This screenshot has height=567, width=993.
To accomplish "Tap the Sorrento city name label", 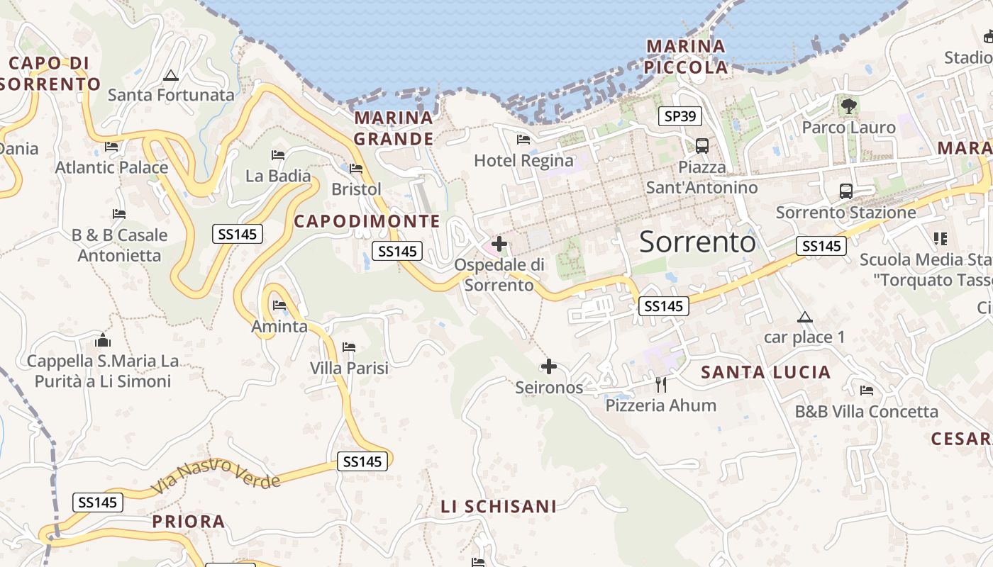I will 697,242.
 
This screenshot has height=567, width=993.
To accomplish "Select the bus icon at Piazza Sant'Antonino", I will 702,146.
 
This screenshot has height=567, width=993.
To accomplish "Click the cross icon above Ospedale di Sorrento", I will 499,245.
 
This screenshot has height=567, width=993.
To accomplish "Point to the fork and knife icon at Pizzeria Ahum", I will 661,385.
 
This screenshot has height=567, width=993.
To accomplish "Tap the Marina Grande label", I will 394,128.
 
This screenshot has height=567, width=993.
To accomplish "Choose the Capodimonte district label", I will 367,221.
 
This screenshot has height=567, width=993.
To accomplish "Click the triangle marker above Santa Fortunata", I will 170,75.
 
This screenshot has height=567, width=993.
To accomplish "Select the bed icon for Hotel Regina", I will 523,140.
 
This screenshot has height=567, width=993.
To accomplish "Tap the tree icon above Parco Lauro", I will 848,107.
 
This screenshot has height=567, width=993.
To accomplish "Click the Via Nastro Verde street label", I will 216,476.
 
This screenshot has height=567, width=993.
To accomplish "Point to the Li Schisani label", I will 499,507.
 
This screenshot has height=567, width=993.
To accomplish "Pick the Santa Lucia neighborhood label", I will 765,372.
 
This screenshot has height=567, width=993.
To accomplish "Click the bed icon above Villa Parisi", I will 348,347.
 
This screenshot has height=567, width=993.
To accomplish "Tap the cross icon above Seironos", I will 549,366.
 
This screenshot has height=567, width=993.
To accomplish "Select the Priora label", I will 189,522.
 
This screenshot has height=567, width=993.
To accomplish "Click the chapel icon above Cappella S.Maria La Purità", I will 103,341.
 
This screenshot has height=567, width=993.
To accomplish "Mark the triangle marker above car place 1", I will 804,317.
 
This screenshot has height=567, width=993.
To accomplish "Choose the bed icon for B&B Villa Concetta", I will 866,391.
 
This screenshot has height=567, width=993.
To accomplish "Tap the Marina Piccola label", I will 687,57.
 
